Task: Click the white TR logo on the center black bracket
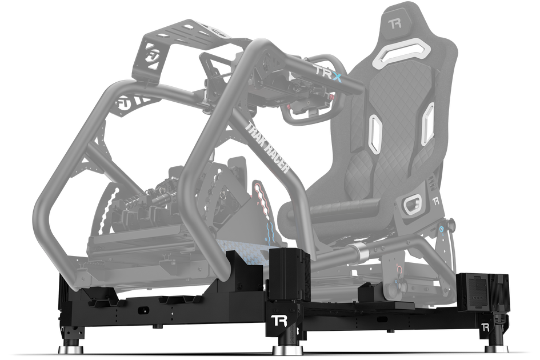(278, 319)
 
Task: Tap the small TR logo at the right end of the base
(485, 327)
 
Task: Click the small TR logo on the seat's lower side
(435, 201)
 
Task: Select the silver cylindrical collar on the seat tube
(359, 250)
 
